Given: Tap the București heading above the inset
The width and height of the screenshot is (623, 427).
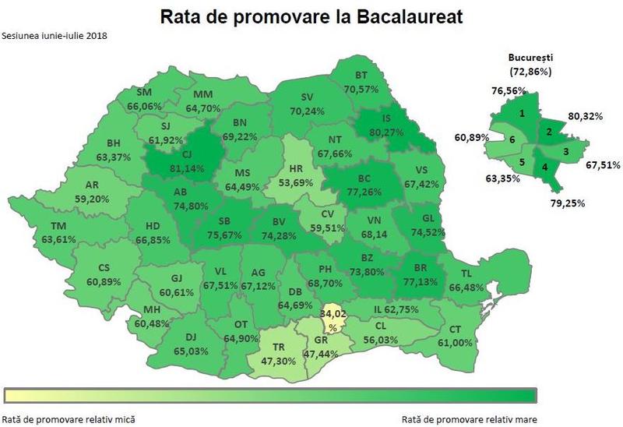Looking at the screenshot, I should (530, 58).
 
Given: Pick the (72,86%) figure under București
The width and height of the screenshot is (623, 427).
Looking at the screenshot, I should (530, 72).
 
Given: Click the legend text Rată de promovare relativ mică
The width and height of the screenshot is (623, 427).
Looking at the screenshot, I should (59, 417).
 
